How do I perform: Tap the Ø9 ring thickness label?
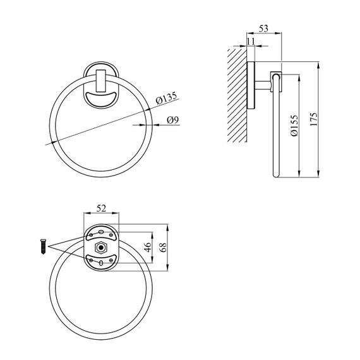pos(172,120)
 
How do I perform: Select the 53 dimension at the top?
pos(263,28)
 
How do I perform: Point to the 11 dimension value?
pos(251,41)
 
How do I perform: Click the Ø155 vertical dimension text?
pos(294,126)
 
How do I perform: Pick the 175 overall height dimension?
pos(314,119)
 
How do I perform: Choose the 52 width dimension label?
pos(101,208)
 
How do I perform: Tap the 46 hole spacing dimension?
pos(148,247)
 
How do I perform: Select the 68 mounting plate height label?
pos(163,247)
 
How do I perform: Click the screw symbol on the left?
pos(43,246)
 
